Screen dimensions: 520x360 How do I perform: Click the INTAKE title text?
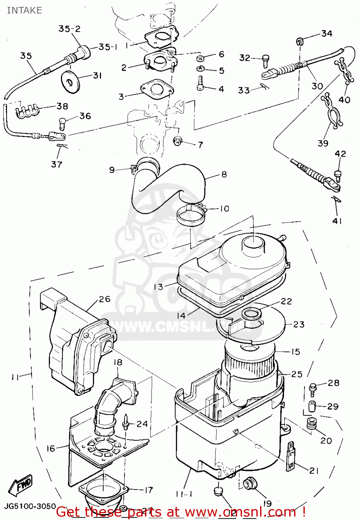coord(24,10)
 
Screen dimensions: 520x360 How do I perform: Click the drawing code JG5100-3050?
coord(30,506)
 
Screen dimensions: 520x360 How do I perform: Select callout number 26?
coord(104,299)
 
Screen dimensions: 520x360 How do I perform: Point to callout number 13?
coord(158,287)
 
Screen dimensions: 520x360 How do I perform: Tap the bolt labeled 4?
coord(200,83)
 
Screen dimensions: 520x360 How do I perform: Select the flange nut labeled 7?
coord(178,141)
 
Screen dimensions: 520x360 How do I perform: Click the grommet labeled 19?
coord(249,484)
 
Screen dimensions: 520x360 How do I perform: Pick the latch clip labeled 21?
coord(291,457)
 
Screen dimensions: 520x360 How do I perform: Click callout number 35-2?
coord(69,29)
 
